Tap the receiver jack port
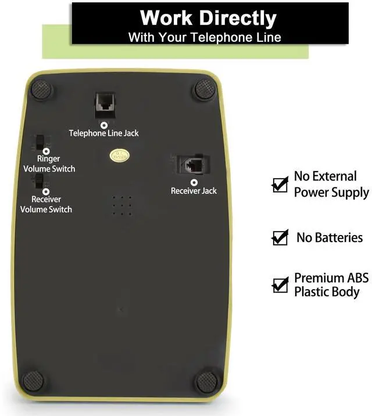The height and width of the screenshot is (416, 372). click(193, 164)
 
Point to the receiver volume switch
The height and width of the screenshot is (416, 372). click(39, 182)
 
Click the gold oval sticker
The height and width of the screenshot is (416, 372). click(119, 157)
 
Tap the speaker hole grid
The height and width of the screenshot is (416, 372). click(122, 205)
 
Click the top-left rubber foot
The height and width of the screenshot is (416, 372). click(41, 90)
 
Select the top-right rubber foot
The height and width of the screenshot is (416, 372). click(205, 89)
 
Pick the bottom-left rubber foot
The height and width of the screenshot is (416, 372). click(33, 381)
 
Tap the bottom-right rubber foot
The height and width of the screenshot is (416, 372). click(206, 382)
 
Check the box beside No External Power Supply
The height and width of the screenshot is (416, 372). click(280, 184)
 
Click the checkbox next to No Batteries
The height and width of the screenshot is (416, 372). click(280, 237)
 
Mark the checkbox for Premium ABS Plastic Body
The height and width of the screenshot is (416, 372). click(280, 285)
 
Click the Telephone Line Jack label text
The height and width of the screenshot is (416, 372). click(104, 133)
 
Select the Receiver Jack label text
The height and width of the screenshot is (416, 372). click(194, 191)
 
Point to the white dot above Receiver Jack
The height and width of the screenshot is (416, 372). click(194, 182)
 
